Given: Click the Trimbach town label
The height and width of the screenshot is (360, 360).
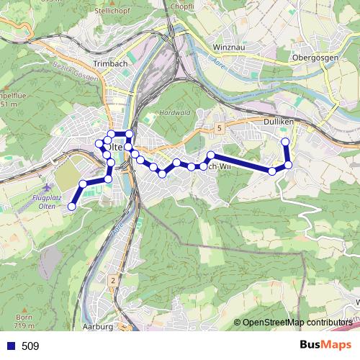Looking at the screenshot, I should [109, 63].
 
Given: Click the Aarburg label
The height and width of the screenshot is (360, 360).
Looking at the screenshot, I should [99, 326].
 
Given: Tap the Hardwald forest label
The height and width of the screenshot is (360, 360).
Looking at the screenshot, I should [174, 113].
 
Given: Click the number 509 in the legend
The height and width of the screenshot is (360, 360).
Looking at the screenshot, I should [30, 346].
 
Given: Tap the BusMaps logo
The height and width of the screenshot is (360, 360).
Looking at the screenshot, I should [325, 346].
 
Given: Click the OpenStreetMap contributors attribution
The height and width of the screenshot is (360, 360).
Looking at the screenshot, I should [295, 322].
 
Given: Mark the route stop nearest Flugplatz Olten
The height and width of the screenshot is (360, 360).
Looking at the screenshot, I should [71, 207].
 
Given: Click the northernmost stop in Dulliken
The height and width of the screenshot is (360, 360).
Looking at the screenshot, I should [285, 141].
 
